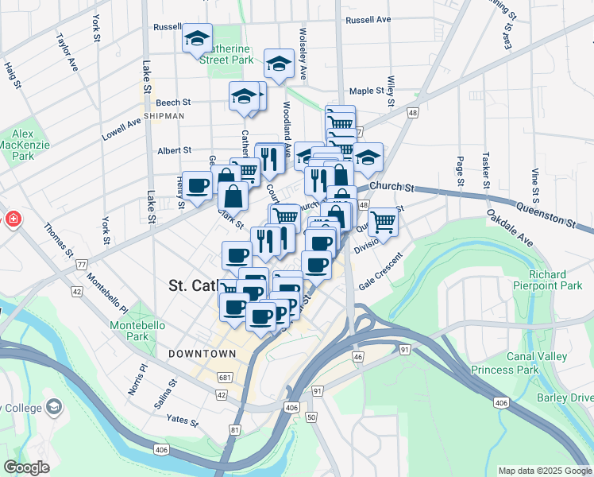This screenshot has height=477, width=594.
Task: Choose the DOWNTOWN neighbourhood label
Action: (x=202, y=353)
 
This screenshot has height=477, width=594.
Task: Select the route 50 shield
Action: (x=310, y=417)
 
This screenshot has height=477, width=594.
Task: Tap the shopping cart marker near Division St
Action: (x=383, y=222)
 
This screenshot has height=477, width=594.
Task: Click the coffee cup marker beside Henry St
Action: (x=197, y=186)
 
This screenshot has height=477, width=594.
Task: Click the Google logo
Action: (x=26, y=467)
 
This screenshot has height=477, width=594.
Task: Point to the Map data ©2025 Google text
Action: (x=544, y=471)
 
